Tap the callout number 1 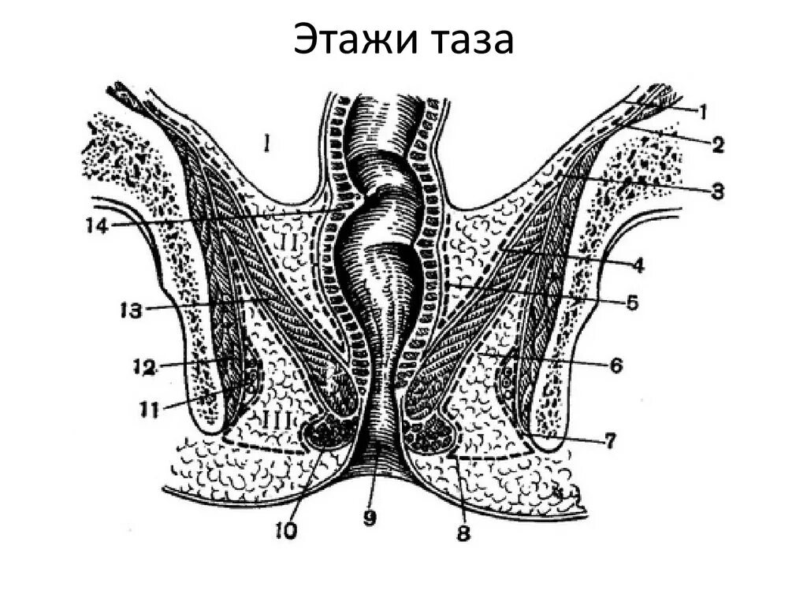(701, 112)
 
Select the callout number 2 (718, 144)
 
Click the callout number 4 (637, 265)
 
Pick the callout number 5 (632, 302)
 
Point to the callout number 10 (285, 532)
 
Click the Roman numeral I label (267, 143)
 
